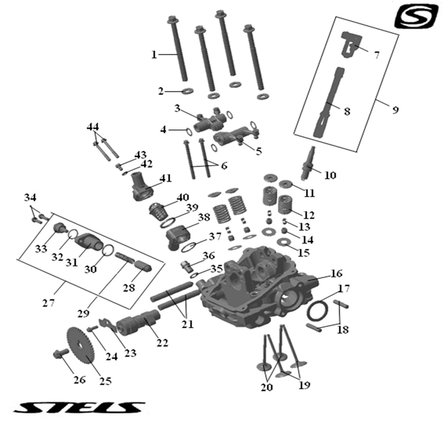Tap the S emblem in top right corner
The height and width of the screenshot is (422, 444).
pos(416,17)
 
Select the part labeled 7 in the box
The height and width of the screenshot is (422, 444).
pos(350,44)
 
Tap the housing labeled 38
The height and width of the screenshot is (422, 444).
pos(180,234)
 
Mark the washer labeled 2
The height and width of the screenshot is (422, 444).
pos(188,91)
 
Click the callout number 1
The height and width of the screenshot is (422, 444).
pos(154,55)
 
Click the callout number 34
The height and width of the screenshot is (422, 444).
pos(31,196)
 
